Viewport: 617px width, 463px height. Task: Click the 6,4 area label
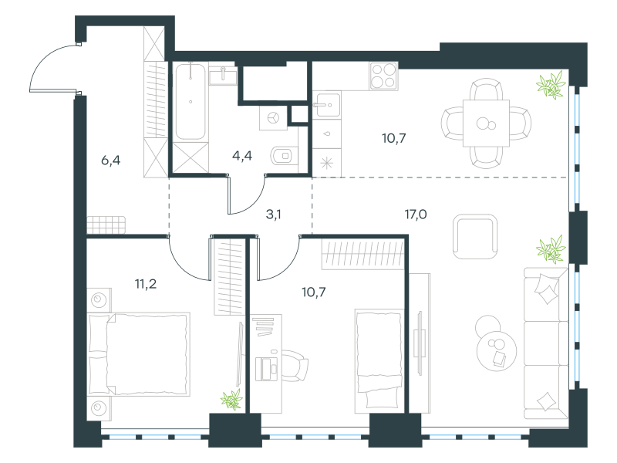(110, 161)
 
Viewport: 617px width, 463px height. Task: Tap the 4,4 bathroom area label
(242, 156)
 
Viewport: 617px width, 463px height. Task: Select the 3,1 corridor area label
(274, 215)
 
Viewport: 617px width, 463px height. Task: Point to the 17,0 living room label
(416, 215)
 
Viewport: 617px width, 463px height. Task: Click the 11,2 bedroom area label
(146, 284)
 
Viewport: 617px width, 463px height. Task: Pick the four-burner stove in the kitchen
(383, 76)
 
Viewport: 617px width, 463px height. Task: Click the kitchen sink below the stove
(329, 105)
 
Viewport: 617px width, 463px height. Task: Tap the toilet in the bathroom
(284, 157)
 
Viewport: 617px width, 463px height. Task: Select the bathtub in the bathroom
(190, 102)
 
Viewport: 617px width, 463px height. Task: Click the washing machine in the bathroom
(273, 118)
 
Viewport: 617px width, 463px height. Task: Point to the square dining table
(486, 123)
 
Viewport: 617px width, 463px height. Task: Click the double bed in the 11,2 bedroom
(139, 354)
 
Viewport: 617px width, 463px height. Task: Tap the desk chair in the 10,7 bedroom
(293, 365)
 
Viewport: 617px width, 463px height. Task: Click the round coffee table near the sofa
(497, 351)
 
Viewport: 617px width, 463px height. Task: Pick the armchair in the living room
(475, 236)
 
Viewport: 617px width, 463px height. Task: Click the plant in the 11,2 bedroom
(232, 399)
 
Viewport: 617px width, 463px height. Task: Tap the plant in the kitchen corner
(551, 84)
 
